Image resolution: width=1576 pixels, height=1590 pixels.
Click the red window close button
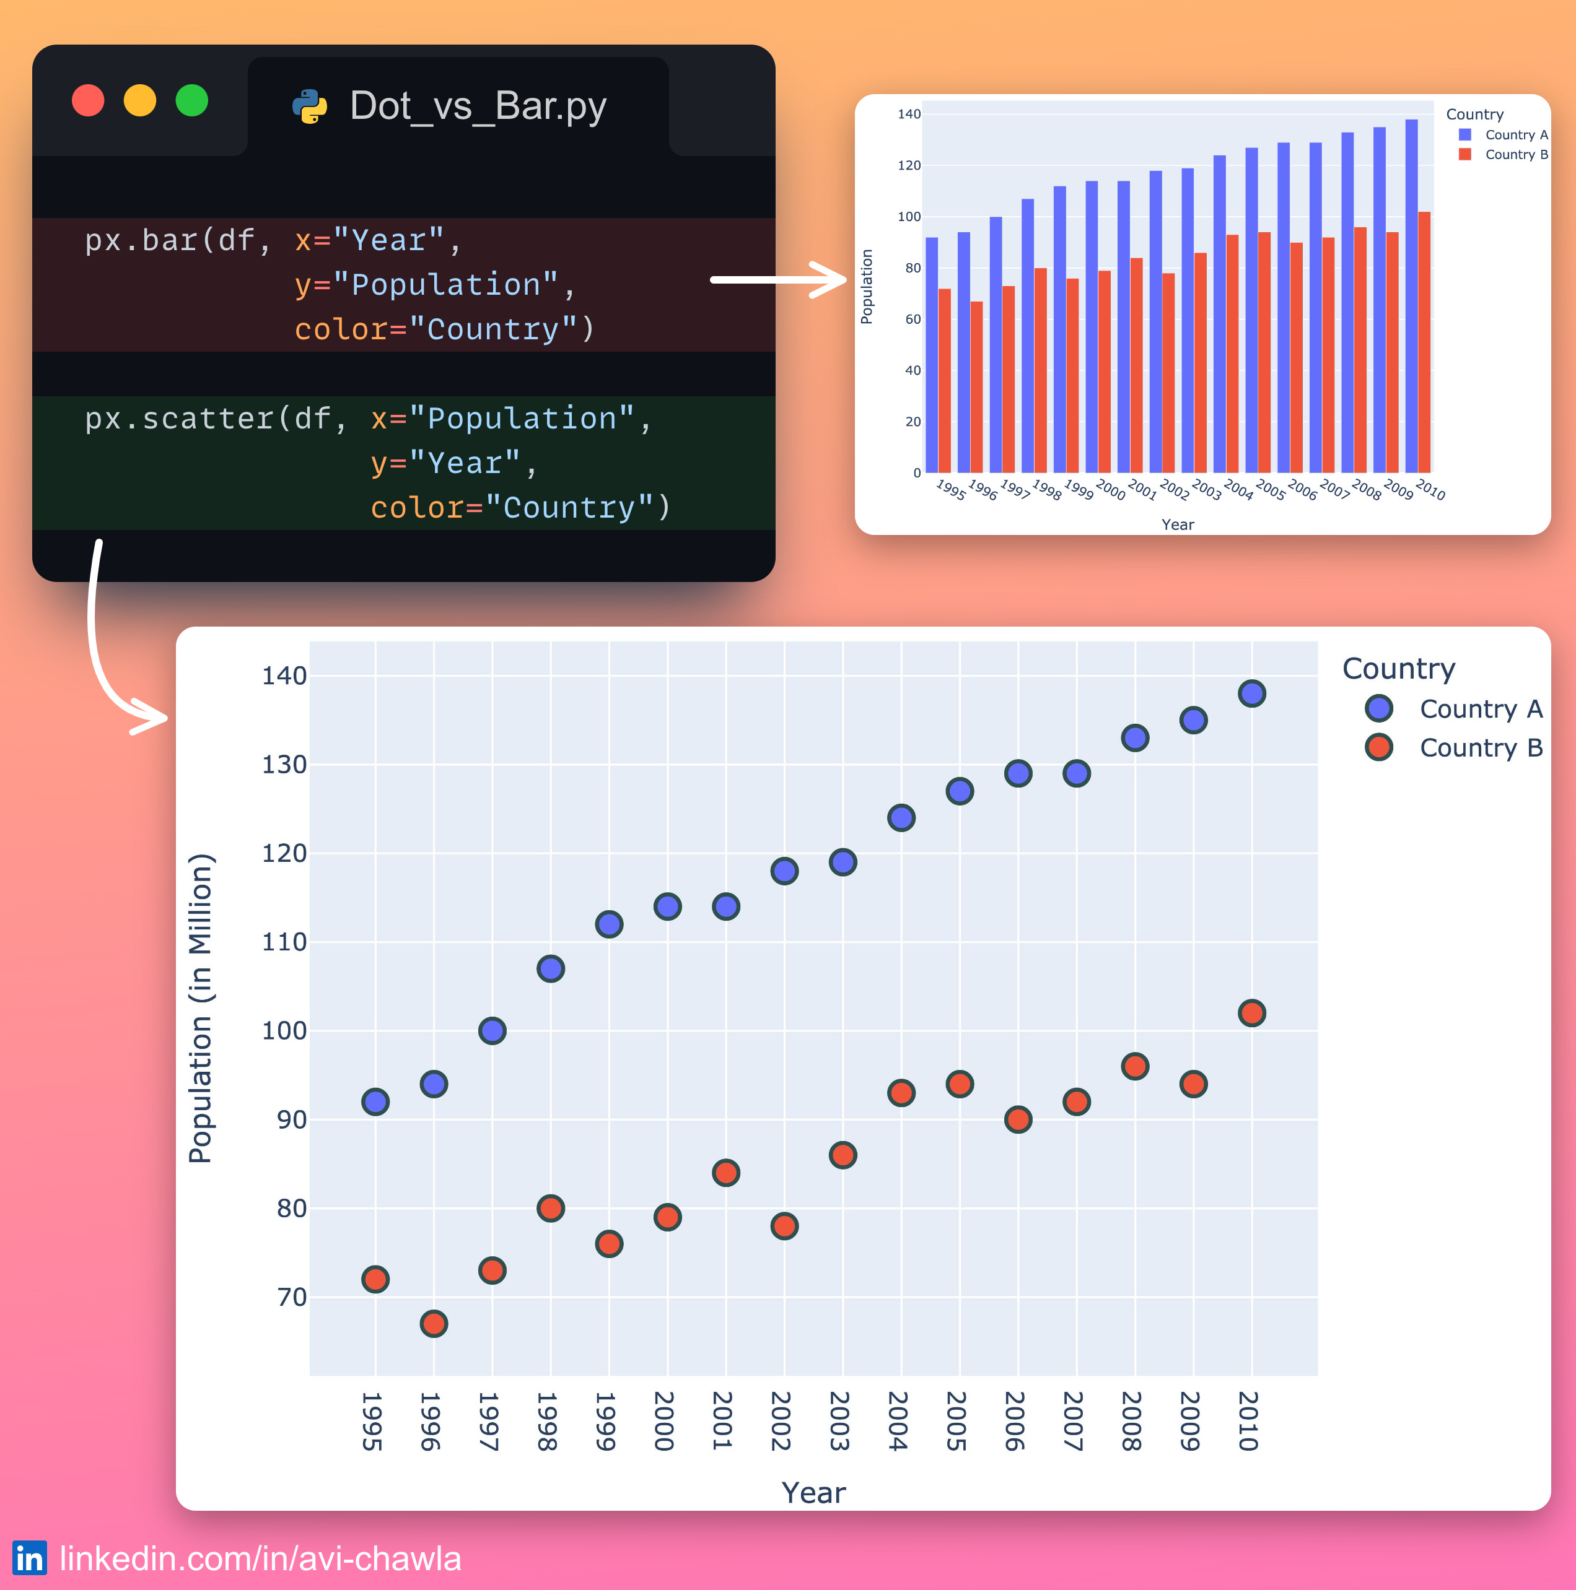(88, 100)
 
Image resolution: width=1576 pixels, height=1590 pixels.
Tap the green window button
(192, 100)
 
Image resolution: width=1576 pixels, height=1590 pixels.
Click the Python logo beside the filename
(310, 106)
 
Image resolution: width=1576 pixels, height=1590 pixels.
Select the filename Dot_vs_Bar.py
(478, 106)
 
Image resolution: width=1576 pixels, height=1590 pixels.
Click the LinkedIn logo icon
(30, 1558)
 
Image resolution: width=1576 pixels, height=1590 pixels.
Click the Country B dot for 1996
(434, 1323)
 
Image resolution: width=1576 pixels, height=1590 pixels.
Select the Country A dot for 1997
(492, 1030)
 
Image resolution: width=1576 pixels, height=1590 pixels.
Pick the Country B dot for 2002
(784, 1226)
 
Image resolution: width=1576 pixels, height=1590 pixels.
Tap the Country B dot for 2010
(1251, 1013)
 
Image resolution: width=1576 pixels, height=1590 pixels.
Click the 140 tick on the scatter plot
(284, 676)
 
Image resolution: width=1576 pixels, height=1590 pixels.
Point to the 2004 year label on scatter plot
(898, 1422)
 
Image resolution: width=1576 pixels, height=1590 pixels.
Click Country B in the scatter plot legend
(1481, 747)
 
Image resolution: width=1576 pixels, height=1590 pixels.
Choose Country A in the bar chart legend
(1516, 135)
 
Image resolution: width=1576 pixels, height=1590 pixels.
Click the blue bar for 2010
(1411, 297)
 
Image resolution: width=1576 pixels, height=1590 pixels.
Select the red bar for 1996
(976, 387)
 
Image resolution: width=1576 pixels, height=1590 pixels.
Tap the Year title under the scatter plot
(813, 1493)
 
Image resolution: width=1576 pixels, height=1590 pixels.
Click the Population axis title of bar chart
(866, 287)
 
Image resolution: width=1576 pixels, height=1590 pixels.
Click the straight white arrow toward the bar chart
(778, 280)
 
